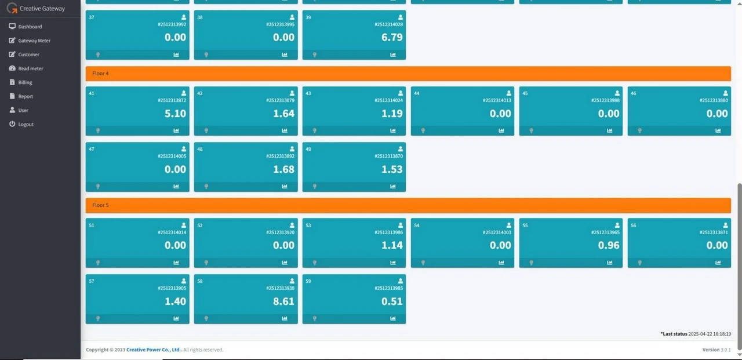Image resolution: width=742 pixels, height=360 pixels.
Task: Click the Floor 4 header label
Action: (100, 74)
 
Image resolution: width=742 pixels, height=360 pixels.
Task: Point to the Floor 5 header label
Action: (100, 205)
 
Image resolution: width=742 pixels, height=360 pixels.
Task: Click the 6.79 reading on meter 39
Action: (392, 37)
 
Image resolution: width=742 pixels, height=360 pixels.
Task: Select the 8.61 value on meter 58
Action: (283, 301)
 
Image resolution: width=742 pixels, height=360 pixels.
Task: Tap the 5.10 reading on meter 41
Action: (175, 114)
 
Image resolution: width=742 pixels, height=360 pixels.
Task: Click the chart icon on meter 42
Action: (285, 130)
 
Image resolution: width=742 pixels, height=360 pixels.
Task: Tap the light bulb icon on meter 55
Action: (532, 263)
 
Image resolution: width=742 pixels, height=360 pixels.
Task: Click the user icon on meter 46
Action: (725, 93)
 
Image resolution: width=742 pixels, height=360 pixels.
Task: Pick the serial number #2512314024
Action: (388, 100)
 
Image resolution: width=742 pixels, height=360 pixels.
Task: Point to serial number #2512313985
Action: (388, 288)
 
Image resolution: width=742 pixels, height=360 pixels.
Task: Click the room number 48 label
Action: (200, 149)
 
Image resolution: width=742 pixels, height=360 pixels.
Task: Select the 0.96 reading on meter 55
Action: (609, 245)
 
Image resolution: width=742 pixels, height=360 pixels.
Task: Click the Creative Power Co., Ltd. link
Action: (154, 350)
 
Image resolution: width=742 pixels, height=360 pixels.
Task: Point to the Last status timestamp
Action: (710, 334)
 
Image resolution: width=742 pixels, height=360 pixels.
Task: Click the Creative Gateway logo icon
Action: (12, 8)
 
